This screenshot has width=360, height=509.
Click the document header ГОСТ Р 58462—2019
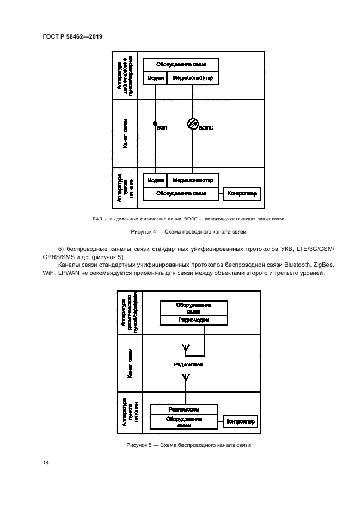pyautogui.click(x=72, y=36)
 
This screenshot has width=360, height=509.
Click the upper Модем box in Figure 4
pyautogui.click(x=155, y=78)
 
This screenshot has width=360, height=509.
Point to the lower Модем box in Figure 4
pyautogui.click(x=155, y=180)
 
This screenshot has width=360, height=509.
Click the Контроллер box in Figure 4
pyautogui.click(x=242, y=193)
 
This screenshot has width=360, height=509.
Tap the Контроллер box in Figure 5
pyautogui.click(x=240, y=422)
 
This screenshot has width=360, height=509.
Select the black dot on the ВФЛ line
pyautogui.click(x=155, y=124)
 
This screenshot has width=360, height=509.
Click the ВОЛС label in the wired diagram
pyautogui.click(x=206, y=128)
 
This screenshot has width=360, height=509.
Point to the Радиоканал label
pyautogui.click(x=188, y=364)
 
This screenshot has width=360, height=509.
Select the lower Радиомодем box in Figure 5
pyautogui.click(x=184, y=409)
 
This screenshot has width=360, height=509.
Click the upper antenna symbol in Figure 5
pyautogui.click(x=183, y=348)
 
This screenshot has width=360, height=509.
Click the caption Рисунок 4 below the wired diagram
pyautogui.click(x=189, y=232)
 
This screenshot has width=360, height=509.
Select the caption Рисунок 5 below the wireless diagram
pyautogui.click(x=188, y=445)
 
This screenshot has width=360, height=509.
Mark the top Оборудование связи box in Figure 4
pyautogui.click(x=181, y=64)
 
